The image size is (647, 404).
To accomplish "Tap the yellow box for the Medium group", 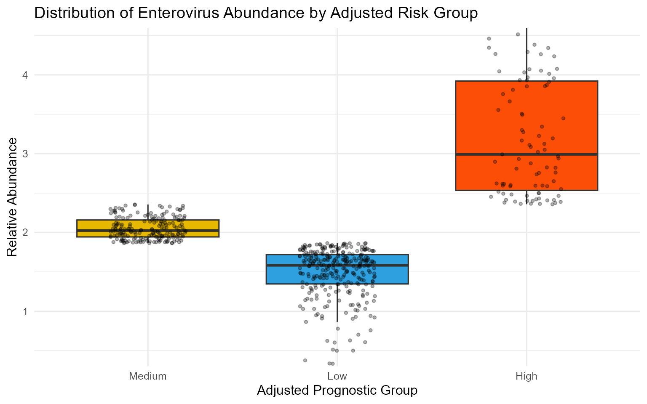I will (x=147, y=225).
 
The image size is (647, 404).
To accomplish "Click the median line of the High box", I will (x=527, y=154).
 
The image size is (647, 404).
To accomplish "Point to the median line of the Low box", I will (x=337, y=265).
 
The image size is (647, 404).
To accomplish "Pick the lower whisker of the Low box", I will (x=337, y=303).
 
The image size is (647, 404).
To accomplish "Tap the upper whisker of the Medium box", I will (x=148, y=212).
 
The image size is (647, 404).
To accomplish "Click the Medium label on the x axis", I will (x=148, y=376).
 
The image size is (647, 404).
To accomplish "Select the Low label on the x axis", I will (x=337, y=376).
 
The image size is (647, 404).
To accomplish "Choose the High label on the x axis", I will (x=527, y=376).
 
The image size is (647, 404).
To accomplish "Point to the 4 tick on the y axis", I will (x=25, y=75).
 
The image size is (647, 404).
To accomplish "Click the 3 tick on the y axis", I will (x=25, y=154).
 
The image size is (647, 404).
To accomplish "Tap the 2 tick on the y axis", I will (x=25, y=233).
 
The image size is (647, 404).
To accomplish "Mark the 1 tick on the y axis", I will (x=25, y=311).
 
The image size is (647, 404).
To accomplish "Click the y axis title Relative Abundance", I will (x=12, y=197).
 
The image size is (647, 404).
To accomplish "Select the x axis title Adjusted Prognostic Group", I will (x=337, y=391).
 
